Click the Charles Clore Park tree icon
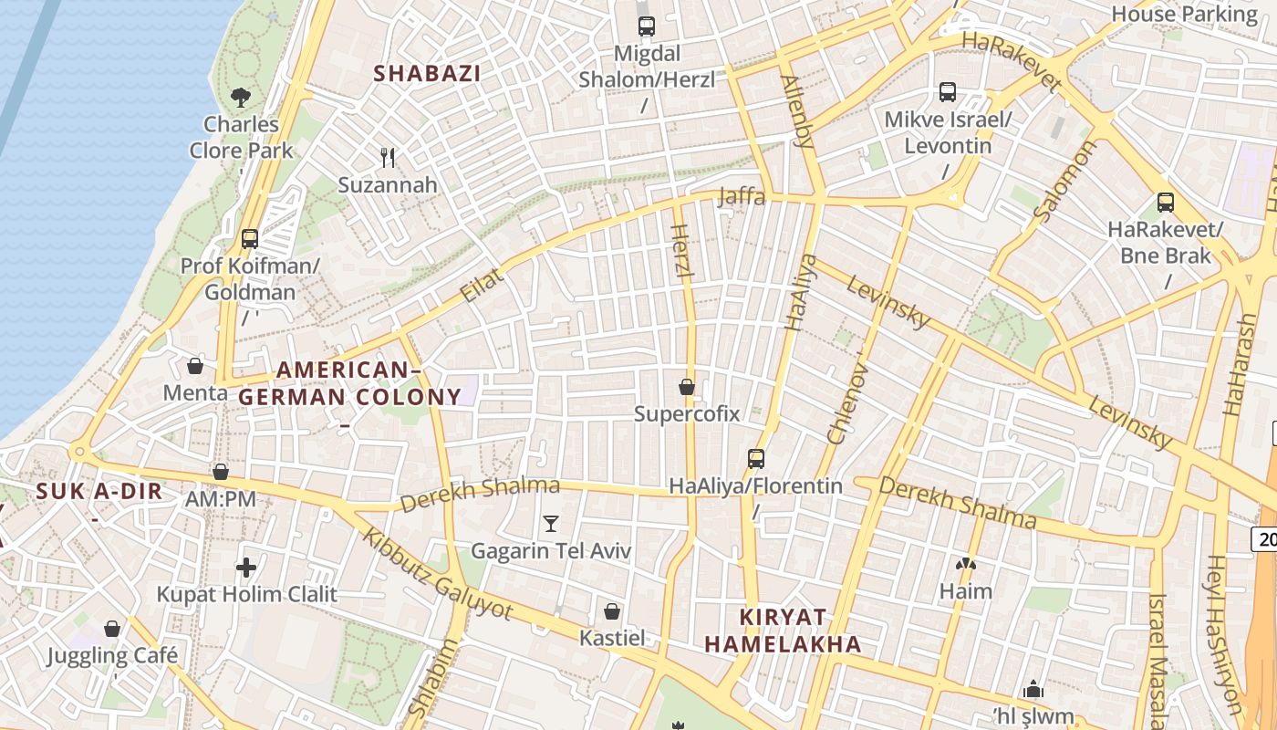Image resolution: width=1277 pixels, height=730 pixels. click(x=241, y=96)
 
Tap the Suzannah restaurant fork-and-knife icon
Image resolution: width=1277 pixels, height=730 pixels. click(x=388, y=157)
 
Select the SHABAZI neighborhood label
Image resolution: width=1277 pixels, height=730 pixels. click(x=427, y=74)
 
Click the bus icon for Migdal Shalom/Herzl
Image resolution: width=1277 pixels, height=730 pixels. click(x=647, y=26)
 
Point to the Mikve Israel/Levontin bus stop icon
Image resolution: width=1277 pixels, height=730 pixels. click(x=948, y=92)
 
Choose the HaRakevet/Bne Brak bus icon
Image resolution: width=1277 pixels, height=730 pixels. click(x=1165, y=203)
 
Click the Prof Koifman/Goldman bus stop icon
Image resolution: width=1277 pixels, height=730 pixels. click(x=250, y=239)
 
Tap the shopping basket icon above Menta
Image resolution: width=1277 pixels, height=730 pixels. click(x=195, y=367)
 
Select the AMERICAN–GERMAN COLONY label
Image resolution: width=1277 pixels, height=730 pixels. click(x=349, y=383)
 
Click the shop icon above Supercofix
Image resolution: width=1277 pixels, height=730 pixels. click(x=687, y=387)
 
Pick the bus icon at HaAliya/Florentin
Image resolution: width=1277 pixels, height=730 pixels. click(x=755, y=458)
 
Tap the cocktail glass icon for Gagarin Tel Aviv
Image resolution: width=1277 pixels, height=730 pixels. click(x=550, y=524)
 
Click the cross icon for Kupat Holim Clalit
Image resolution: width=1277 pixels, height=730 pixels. click(x=246, y=568)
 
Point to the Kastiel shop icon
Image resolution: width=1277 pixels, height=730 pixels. click(x=612, y=610)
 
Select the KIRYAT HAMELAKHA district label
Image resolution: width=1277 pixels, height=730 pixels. click(x=783, y=630)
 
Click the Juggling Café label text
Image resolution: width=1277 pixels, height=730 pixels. click(x=113, y=655)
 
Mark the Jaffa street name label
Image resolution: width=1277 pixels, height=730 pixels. click(x=742, y=195)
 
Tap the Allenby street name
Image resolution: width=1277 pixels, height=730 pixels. click(x=796, y=111)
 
